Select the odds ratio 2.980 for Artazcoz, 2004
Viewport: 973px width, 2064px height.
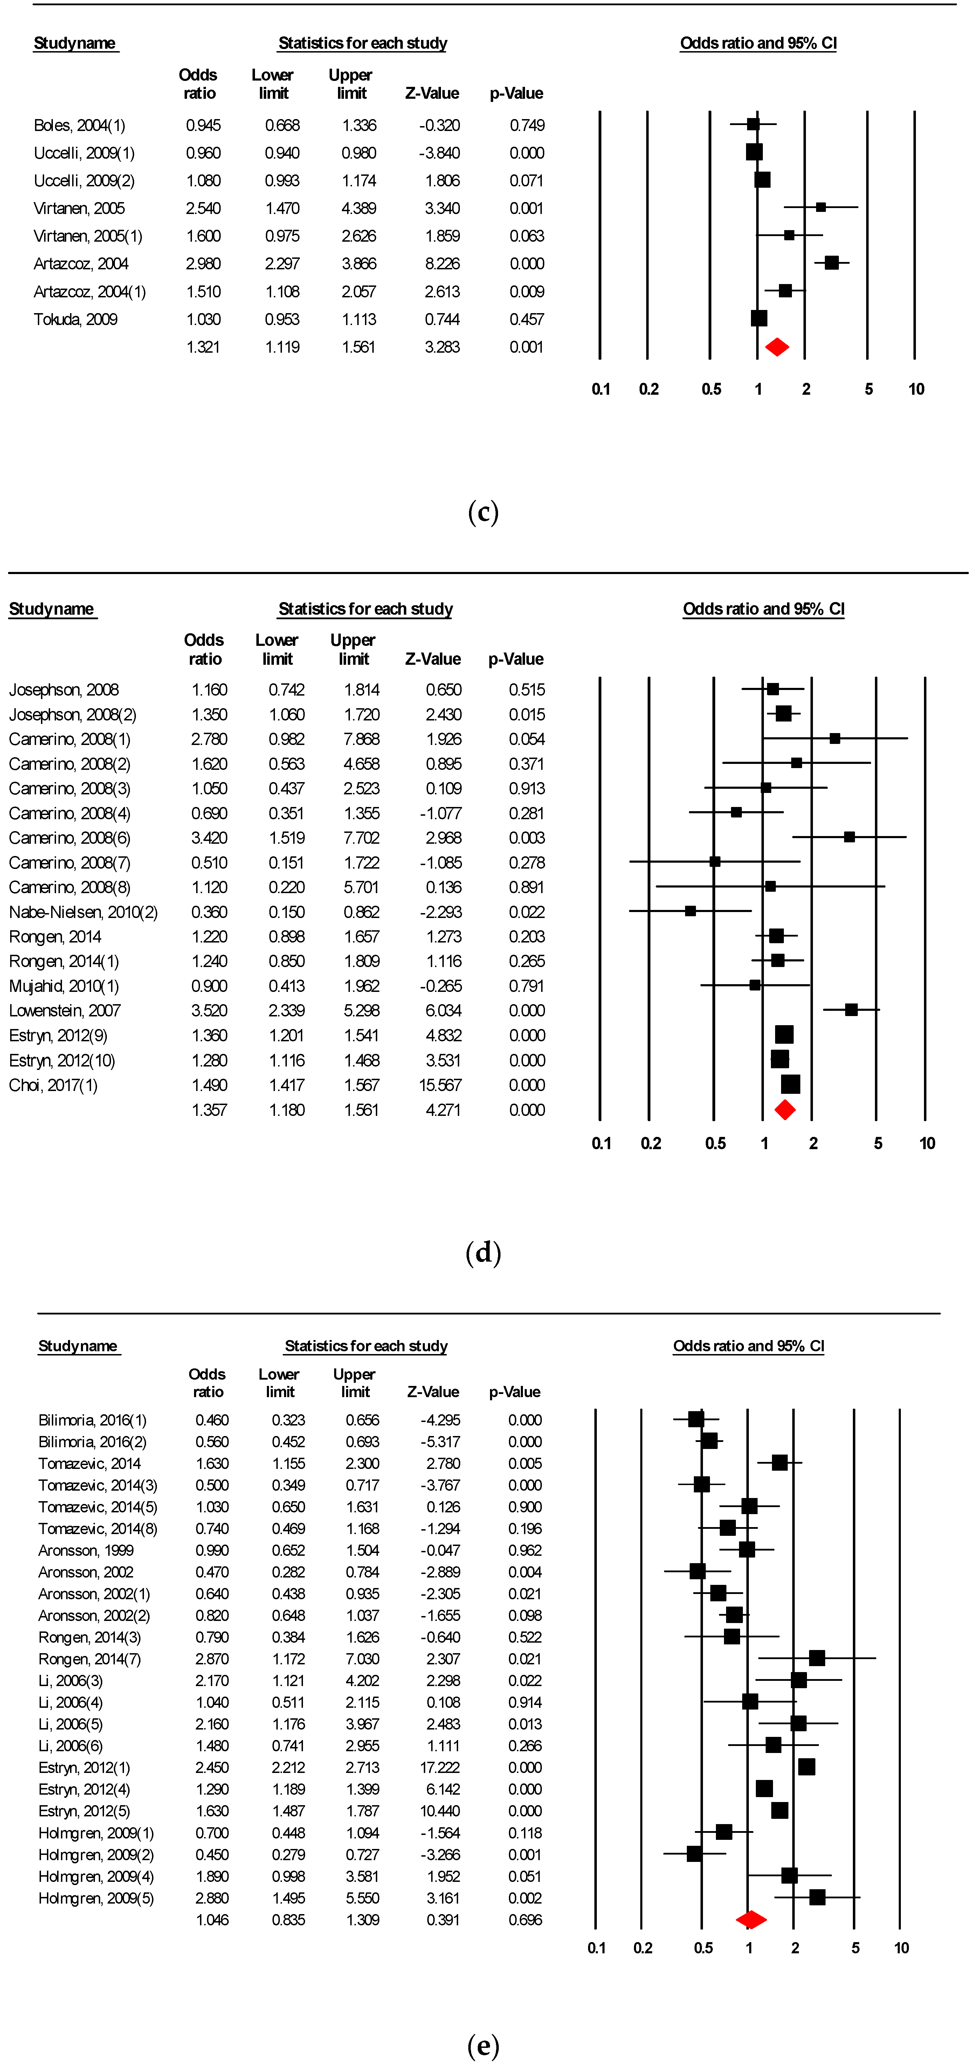point(203,264)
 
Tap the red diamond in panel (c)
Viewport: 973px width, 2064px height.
point(777,347)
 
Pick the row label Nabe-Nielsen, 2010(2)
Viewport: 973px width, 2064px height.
point(83,912)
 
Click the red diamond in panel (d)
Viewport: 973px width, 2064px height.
point(785,1110)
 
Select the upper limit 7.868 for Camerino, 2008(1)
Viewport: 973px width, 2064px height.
point(361,739)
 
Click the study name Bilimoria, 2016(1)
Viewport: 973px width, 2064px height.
point(92,1420)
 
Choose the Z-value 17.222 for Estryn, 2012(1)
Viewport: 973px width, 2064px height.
point(440,1767)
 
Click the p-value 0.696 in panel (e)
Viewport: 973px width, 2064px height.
point(525,1920)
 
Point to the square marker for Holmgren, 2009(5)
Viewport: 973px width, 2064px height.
point(817,1897)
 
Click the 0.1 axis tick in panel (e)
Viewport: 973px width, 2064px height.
point(596,1948)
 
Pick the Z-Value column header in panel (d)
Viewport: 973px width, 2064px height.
point(433,658)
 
